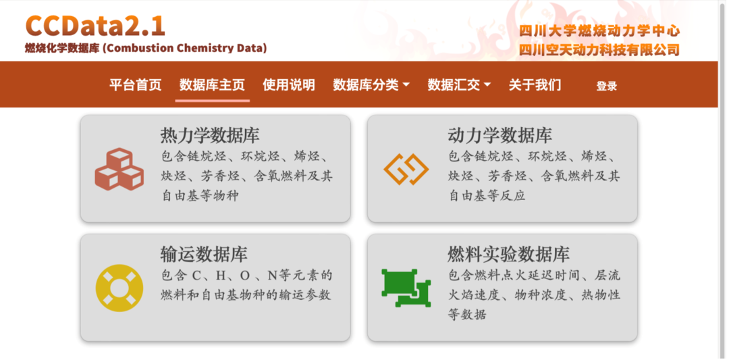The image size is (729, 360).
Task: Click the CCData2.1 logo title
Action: [95, 26]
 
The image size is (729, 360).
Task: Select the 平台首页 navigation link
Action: [135, 85]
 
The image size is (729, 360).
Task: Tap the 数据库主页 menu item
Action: [212, 85]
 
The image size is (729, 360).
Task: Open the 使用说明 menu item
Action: [289, 85]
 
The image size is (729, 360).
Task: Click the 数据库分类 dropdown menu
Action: [371, 85]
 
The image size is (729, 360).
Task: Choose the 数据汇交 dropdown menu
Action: [459, 85]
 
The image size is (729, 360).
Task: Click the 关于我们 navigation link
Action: [535, 85]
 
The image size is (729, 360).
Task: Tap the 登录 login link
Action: [607, 86]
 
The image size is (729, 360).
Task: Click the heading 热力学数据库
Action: [210, 135]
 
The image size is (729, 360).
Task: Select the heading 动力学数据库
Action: [500, 135]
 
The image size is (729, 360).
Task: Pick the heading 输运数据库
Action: [204, 254]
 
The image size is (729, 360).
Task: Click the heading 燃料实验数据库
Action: [509, 254]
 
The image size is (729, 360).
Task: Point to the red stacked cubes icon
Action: [119, 170]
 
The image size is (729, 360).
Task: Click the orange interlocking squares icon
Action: [406, 170]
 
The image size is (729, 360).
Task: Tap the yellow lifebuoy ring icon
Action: [119, 288]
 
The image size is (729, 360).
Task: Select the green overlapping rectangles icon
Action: [406, 288]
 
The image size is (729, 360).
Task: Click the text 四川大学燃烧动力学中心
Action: [599, 31]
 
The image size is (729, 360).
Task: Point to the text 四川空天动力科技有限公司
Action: [599, 49]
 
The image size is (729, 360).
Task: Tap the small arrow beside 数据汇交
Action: [487, 85]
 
